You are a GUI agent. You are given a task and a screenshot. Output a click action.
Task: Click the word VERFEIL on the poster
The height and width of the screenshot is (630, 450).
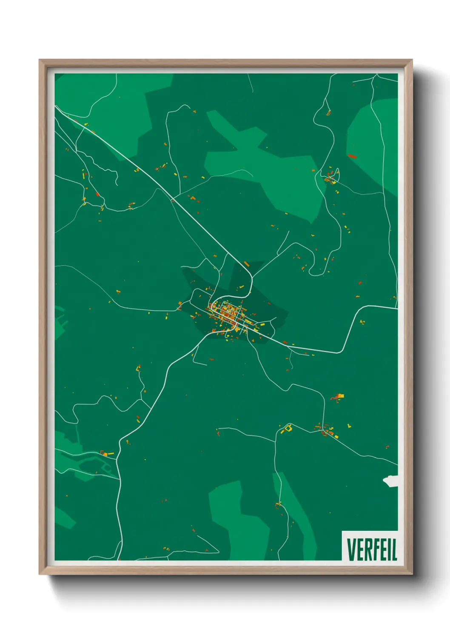[x=372, y=550]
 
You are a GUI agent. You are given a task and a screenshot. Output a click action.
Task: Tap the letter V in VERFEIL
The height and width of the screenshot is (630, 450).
[x=351, y=550]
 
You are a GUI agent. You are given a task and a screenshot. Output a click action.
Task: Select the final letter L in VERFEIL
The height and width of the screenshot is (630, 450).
[x=394, y=550]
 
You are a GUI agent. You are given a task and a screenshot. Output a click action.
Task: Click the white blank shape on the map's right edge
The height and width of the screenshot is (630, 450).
[x=391, y=481]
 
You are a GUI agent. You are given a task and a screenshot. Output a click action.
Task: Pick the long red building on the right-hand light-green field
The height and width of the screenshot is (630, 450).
[x=351, y=156]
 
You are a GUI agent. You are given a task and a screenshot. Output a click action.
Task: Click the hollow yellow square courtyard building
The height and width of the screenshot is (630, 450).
[x=288, y=427]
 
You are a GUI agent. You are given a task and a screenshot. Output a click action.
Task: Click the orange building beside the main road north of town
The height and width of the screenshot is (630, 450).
[x=246, y=264]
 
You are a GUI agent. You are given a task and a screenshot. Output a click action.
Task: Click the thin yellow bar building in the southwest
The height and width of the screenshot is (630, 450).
[x=110, y=454]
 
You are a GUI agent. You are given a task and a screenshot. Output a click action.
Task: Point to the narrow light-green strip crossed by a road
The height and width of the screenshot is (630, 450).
[x=285, y=502]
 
